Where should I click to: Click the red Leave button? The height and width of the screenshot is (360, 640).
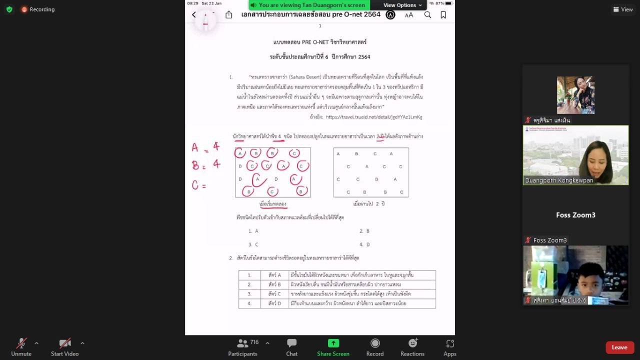[x=619, y=347]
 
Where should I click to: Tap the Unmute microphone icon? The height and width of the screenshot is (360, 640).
[x=21, y=343]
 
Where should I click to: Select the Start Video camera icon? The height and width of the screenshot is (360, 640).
[x=65, y=343]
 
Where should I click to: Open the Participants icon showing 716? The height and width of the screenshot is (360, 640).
[x=243, y=343]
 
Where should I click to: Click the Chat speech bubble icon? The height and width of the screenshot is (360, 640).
[x=292, y=343]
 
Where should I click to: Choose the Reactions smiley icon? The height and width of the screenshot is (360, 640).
[x=412, y=343]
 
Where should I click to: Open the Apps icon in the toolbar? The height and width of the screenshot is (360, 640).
[x=450, y=343]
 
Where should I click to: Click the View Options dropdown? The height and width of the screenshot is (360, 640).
[x=402, y=5]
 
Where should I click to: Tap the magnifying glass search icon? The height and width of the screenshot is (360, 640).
[x=427, y=15]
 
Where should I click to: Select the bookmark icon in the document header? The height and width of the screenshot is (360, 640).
[x=443, y=15]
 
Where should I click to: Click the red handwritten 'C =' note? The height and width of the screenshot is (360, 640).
[x=199, y=185]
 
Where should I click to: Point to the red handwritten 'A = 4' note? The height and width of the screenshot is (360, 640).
[x=205, y=147]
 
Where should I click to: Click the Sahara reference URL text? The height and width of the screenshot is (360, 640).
[x=373, y=117]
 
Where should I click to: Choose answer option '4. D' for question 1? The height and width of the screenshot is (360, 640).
[x=364, y=244]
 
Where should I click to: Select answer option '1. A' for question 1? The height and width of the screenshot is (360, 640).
[x=253, y=231]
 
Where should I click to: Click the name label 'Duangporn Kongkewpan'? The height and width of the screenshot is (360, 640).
[x=559, y=180]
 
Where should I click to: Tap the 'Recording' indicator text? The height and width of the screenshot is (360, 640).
[x=42, y=9]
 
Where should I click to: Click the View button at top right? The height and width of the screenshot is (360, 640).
[x=623, y=9]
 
